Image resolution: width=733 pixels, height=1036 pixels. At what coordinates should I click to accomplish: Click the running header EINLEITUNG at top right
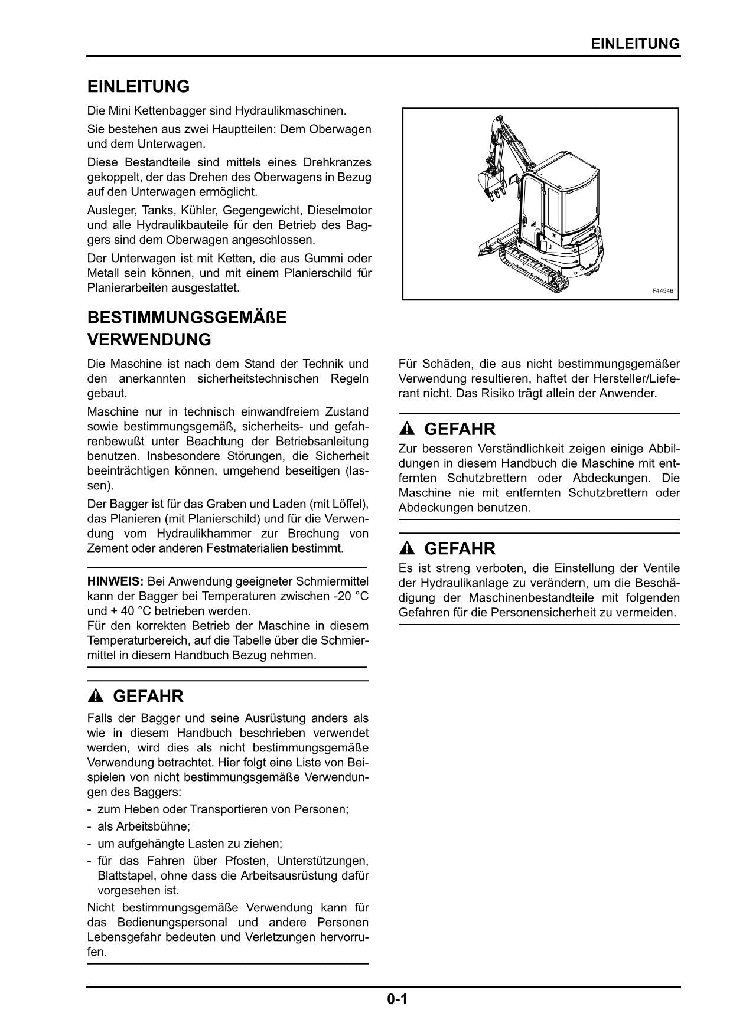(635, 44)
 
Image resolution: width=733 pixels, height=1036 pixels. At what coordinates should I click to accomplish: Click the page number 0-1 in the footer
(398, 999)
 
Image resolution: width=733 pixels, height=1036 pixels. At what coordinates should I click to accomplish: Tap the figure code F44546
(662, 291)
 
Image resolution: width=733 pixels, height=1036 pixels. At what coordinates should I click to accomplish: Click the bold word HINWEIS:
(115, 581)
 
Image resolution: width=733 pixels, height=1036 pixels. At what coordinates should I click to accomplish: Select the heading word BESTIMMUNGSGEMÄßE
(187, 318)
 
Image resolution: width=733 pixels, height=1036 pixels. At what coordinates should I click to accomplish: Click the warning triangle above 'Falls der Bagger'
(95, 697)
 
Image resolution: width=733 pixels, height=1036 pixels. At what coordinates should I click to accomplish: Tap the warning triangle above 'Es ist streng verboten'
(407, 549)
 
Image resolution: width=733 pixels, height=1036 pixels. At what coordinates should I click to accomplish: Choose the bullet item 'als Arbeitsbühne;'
(144, 826)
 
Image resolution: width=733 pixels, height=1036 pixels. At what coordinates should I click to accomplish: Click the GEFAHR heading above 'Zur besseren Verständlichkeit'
(460, 429)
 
